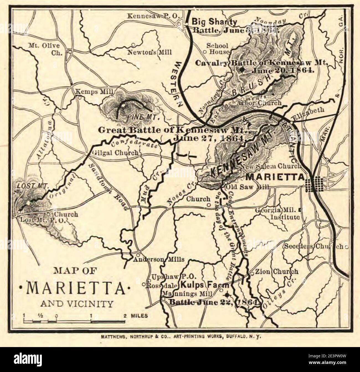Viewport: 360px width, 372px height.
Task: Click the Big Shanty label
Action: pyautogui.click(x=215, y=22)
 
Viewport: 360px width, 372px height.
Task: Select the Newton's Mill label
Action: pyautogui.click(x=149, y=52)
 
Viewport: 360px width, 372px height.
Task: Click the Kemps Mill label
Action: pyautogui.click(x=91, y=92)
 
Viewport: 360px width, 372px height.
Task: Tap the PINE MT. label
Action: pyautogui.click(x=143, y=118)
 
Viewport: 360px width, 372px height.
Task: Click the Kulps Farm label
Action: pyautogui.click(x=205, y=285)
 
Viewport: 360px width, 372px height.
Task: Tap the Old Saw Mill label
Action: pyautogui.click(x=248, y=187)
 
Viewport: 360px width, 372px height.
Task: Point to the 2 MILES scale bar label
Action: pyautogui.click(x=136, y=315)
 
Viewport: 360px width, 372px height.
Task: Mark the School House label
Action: pyautogui.click(x=218, y=49)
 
